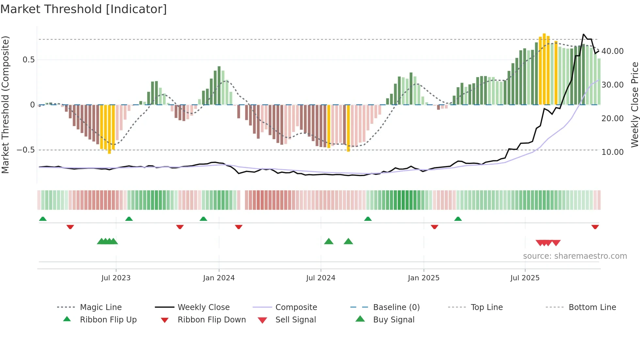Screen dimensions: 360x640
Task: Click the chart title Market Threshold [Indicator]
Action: [x=84, y=9]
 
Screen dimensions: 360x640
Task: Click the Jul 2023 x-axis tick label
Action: [x=116, y=278]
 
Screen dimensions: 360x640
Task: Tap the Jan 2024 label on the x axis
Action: [x=219, y=278]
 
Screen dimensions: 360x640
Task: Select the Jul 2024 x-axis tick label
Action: [x=321, y=278]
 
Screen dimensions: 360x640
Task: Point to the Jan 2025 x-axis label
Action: [x=424, y=278]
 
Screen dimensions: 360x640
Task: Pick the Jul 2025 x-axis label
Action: [x=525, y=278]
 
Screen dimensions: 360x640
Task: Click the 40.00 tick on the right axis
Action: [x=612, y=51]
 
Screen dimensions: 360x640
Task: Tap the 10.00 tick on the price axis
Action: [x=612, y=152]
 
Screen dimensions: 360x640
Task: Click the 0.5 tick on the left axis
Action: [x=28, y=60]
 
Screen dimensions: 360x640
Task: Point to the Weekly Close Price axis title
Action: [x=634, y=105]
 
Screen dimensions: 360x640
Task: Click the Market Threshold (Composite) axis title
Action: [x=5, y=105]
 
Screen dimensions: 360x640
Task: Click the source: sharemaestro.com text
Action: [x=575, y=256]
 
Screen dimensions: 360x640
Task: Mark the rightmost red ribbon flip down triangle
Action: [x=595, y=227]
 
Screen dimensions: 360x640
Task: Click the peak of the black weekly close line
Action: [x=584, y=34]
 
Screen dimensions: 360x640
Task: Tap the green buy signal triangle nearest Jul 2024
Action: [x=329, y=241]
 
